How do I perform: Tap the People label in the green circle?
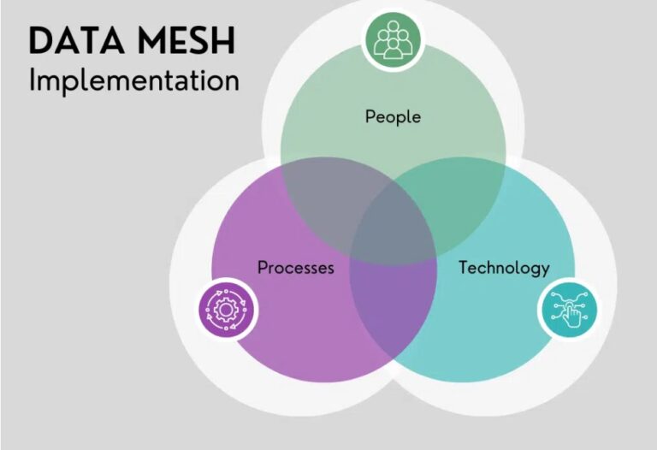393,115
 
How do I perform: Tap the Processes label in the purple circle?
295,267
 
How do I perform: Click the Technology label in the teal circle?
504,267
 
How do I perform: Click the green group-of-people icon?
393,38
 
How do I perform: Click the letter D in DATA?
39,40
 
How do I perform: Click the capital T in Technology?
463,267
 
